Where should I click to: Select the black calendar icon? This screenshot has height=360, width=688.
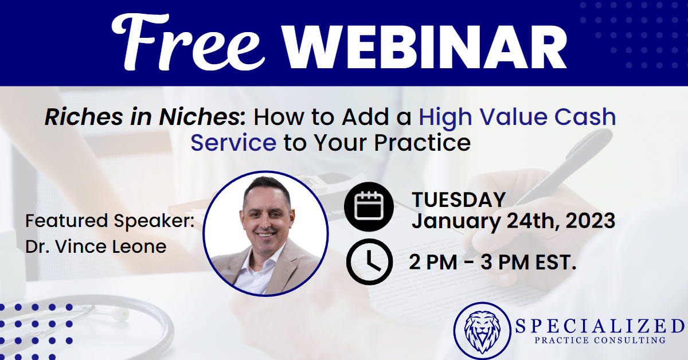click(369, 206)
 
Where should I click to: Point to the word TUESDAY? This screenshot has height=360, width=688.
click(459, 199)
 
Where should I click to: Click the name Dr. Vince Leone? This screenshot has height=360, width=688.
click(96, 246)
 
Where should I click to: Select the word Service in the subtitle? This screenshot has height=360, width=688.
click(233, 143)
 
